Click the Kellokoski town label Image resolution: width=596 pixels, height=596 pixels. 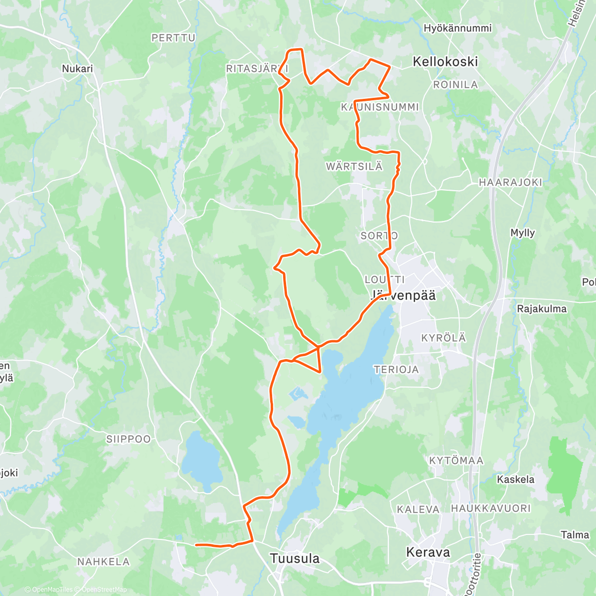pyautogui.click(x=446, y=62)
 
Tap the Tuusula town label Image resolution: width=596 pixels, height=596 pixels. pyautogui.click(x=295, y=558)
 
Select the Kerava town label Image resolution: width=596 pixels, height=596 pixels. pyautogui.click(x=428, y=552)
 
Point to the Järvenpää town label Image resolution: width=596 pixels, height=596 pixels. pyautogui.click(x=403, y=296)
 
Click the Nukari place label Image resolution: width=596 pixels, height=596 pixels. pyautogui.click(x=77, y=69)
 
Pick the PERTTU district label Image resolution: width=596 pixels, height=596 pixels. pyautogui.click(x=173, y=38)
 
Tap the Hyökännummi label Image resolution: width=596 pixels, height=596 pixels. pyautogui.click(x=457, y=28)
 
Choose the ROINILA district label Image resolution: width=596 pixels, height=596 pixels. pyautogui.click(x=455, y=85)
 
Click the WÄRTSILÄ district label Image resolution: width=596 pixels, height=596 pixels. pyautogui.click(x=354, y=166)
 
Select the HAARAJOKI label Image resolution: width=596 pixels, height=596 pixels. pyautogui.click(x=510, y=182)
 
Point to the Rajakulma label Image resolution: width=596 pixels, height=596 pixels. pyautogui.click(x=541, y=308)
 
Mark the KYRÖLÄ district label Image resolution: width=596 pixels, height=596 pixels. pyautogui.click(x=444, y=338)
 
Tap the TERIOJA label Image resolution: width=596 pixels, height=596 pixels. pyautogui.click(x=396, y=370)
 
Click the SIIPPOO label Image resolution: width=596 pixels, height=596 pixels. pyautogui.click(x=128, y=439)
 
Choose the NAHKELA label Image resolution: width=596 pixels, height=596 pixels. pyautogui.click(x=103, y=562)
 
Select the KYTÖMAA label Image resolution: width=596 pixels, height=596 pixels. pyautogui.click(x=456, y=460)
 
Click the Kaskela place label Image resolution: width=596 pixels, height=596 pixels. pyautogui.click(x=516, y=479)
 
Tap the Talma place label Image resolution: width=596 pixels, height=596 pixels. pyautogui.click(x=575, y=535)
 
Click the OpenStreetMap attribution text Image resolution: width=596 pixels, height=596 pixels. pyautogui.click(x=104, y=590)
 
